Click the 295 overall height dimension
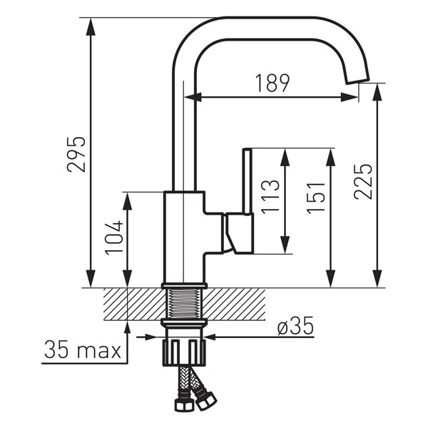click(76, 153)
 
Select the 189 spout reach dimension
click(272, 83)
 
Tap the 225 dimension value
click(363, 181)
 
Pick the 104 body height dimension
click(114, 238)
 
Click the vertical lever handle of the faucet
click(247, 181)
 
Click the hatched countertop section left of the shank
click(136, 304)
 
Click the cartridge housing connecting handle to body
click(238, 233)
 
